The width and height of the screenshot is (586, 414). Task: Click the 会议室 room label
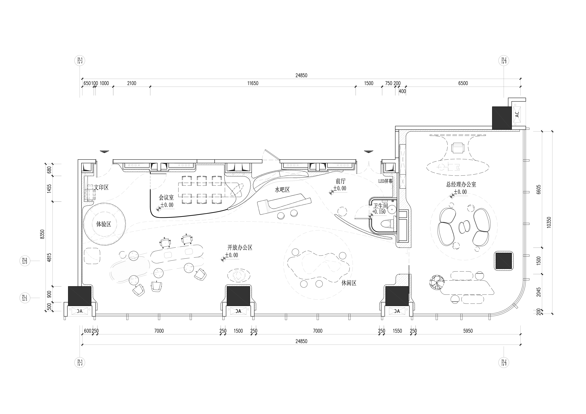tap(166, 197)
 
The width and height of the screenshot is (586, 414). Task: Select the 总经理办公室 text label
tap(461, 184)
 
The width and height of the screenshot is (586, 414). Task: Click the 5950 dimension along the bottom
tap(468, 331)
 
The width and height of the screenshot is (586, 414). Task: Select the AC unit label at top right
tap(517, 114)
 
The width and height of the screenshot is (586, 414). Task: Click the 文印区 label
tap(101, 188)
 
